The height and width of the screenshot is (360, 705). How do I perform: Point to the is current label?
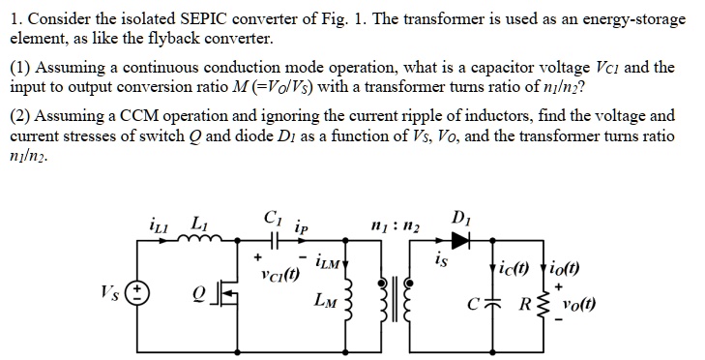click(441, 259)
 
